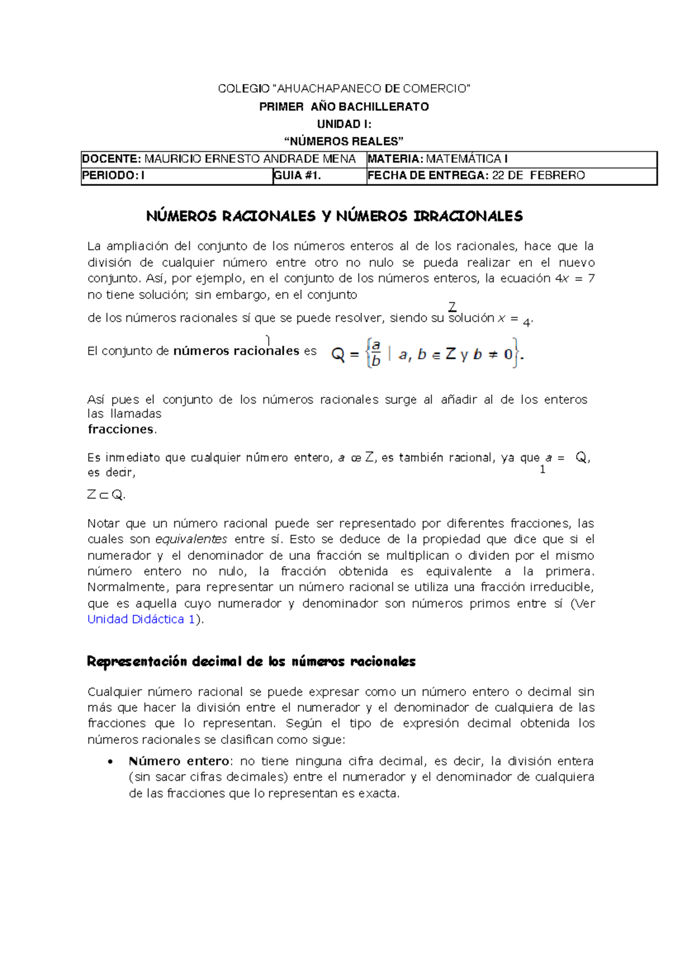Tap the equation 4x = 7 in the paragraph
[x=574, y=278]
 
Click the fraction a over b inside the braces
[x=375, y=353]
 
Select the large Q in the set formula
[x=338, y=355]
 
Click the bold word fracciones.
[x=120, y=429]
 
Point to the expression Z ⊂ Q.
[x=106, y=495]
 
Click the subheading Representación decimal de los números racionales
[x=251, y=662]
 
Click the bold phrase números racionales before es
[x=236, y=351]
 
